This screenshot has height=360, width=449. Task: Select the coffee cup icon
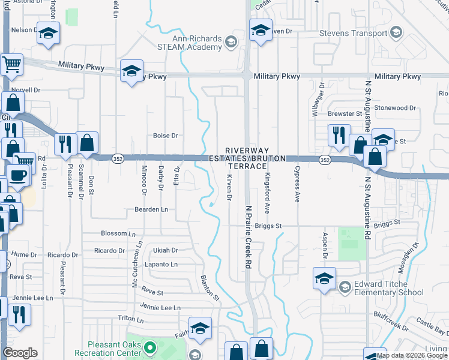tap(18, 175)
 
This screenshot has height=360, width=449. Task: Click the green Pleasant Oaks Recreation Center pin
tap(151, 347)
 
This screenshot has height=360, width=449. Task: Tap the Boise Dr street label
tap(166, 136)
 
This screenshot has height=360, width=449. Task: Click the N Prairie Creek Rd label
tap(248, 238)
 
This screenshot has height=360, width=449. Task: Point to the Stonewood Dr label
tap(395, 108)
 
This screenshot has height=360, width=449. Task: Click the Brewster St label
tap(345, 113)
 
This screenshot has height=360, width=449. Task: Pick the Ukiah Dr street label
tap(166, 250)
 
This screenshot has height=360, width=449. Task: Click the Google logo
tap(20, 353)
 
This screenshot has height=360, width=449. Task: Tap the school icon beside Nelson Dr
tap(47, 34)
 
